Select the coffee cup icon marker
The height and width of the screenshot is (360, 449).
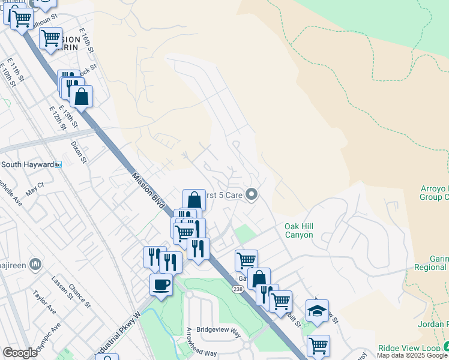[161, 284]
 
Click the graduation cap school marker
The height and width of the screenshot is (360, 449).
[317, 311]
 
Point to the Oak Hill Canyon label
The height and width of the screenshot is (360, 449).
[298, 230]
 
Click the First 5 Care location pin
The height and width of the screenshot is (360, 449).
[253, 194]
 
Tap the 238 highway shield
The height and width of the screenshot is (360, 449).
[237, 289]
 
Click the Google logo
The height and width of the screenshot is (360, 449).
[20, 353]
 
